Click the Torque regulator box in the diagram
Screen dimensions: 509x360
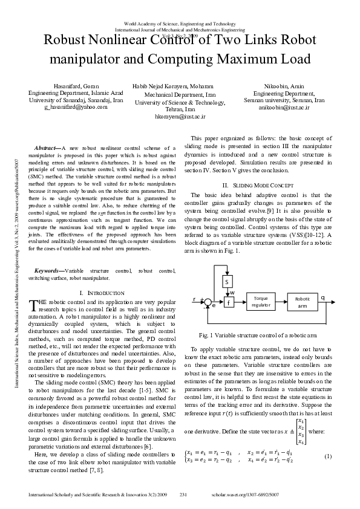(x=261, y=302)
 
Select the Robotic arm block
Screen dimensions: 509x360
(x=303, y=302)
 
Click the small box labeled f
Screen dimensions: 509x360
(x=229, y=302)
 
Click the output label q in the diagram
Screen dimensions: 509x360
(x=322, y=297)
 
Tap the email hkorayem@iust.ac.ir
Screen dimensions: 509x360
(x=180, y=115)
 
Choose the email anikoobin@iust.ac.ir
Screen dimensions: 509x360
(x=284, y=107)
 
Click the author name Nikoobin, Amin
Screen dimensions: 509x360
(x=284, y=86)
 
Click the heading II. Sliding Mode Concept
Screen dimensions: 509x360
(x=258, y=184)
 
